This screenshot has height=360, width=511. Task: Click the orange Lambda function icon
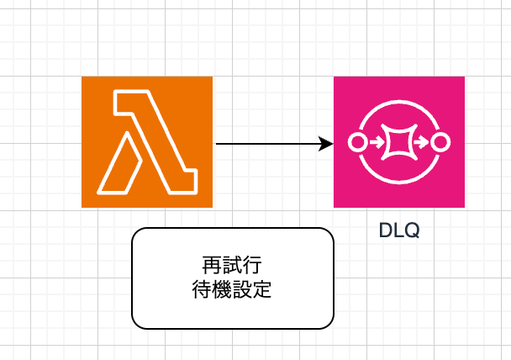pyautogui.click(x=146, y=141)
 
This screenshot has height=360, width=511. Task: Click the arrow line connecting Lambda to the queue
pyautogui.click(x=269, y=144)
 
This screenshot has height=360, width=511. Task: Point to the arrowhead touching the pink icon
pyautogui.click(x=327, y=144)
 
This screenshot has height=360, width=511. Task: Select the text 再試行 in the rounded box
pyautogui.click(x=232, y=265)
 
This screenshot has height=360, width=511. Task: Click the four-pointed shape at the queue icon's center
pyautogui.click(x=398, y=142)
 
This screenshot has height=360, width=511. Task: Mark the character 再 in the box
pyautogui.click(x=213, y=265)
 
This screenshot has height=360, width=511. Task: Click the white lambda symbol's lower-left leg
pyautogui.click(x=118, y=163)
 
